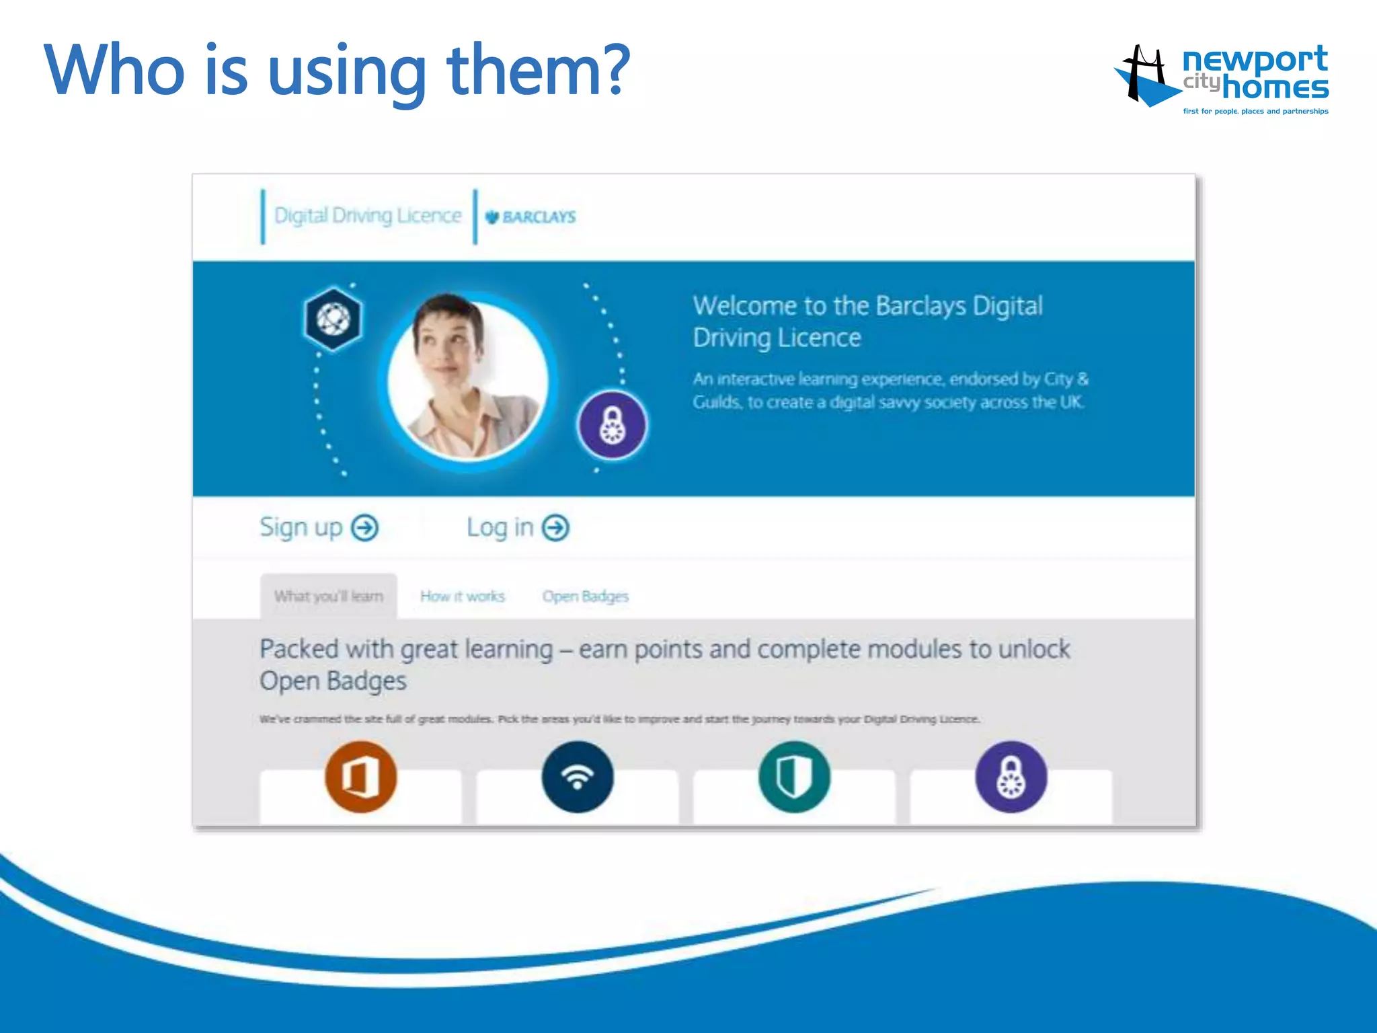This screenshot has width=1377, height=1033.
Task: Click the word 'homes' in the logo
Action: coord(1275,88)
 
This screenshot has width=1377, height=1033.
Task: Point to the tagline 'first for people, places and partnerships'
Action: coord(1255,112)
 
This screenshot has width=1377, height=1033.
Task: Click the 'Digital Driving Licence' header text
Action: coord(368,216)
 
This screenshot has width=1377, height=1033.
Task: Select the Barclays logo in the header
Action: coord(530,217)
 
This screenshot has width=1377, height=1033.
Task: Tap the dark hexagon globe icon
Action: coord(333,319)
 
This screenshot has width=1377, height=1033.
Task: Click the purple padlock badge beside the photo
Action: coord(612,425)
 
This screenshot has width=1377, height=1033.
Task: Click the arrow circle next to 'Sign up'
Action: coord(365,528)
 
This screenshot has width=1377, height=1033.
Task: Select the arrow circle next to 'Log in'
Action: coord(556,528)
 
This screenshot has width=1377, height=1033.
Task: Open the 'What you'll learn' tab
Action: coord(328,597)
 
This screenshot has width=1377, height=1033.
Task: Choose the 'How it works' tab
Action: coord(463,597)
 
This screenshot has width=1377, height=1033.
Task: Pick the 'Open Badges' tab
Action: coord(585,597)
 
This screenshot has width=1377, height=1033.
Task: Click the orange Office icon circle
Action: coord(361,777)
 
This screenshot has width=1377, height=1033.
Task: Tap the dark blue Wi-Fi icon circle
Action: coord(578,777)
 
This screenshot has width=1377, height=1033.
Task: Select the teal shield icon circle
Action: coord(794,777)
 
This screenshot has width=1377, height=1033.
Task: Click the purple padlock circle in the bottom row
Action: coord(1011,777)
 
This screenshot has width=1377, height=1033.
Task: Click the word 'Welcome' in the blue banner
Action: coord(744,306)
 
